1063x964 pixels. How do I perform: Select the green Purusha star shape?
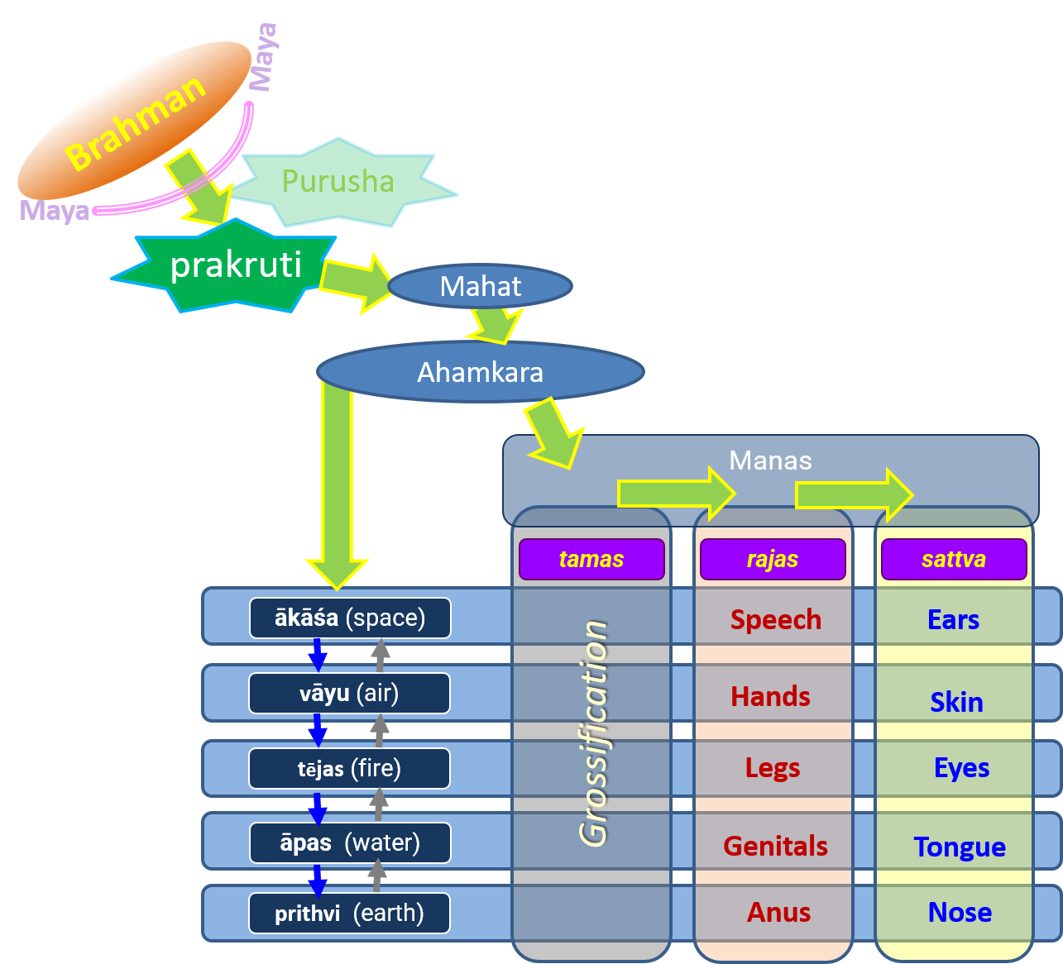point(339,183)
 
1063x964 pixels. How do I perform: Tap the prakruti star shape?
point(235,265)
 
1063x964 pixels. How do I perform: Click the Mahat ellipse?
point(481,286)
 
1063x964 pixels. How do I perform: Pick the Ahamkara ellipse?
point(481,372)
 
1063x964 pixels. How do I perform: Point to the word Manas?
point(770,461)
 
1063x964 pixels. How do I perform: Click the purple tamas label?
point(591,559)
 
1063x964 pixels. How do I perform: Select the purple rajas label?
point(773,559)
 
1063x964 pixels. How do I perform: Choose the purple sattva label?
point(954,559)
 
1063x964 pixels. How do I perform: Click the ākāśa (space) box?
point(350,618)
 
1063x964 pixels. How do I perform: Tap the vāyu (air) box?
point(349,693)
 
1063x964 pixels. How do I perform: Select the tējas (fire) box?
point(349,768)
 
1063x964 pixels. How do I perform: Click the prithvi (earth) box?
point(349,914)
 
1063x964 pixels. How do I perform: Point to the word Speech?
point(775,619)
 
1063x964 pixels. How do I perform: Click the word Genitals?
point(775,846)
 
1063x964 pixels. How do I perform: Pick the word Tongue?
point(960,847)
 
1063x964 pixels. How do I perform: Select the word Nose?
point(960,912)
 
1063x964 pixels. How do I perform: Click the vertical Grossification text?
point(594,733)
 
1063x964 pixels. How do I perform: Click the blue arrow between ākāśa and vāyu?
point(317,655)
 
